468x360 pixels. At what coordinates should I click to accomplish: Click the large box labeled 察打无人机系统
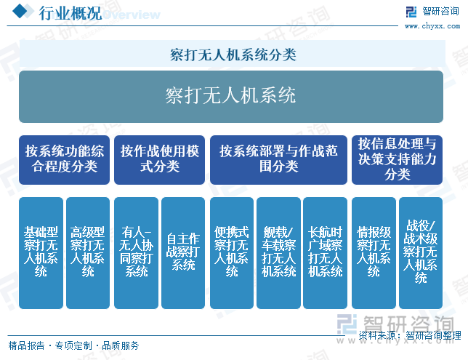[x=230, y=97]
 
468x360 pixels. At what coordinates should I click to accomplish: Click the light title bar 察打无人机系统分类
[x=233, y=54]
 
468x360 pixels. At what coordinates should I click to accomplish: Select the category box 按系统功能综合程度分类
[x=64, y=160]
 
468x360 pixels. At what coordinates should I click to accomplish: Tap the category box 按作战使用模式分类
[x=159, y=160]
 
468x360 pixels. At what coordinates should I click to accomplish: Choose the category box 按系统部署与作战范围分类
[x=278, y=160]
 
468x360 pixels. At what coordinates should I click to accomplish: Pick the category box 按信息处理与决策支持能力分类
[x=397, y=160]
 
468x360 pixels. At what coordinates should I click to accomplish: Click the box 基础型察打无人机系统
[x=41, y=253]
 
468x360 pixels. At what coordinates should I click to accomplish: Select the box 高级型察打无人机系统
[x=88, y=253]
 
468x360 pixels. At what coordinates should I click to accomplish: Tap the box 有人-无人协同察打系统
[x=136, y=253]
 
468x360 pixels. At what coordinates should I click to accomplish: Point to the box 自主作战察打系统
[x=183, y=253]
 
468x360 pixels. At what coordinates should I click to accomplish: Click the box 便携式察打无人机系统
[x=232, y=253]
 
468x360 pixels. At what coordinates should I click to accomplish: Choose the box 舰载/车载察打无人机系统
[x=278, y=253]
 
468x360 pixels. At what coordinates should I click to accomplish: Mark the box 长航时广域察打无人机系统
[x=325, y=253]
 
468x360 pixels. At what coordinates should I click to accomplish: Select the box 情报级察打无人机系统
[x=374, y=253]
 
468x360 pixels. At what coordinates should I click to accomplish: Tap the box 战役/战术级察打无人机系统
[x=421, y=253]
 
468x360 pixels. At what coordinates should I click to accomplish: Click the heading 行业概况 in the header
[x=70, y=13]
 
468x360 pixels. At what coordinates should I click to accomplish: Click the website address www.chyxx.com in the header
[x=432, y=26]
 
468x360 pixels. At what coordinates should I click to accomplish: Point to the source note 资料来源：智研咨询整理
[x=410, y=335]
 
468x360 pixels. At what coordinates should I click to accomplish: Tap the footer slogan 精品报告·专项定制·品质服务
[x=73, y=345]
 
